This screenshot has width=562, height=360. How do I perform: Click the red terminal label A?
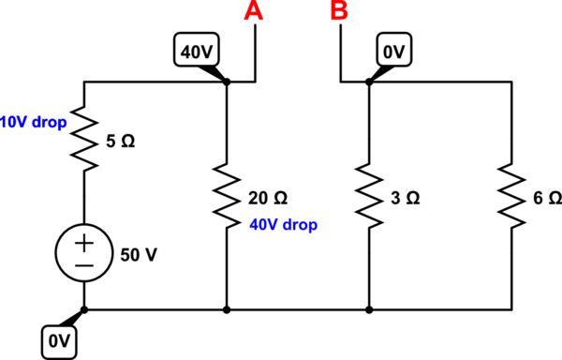coord(252,12)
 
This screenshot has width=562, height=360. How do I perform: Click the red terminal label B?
coord(339,12)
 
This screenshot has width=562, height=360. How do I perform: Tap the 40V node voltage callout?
coord(198,52)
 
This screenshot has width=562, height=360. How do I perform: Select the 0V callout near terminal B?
coord(393,52)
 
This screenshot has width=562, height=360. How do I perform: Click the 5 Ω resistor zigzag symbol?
coord(85,140)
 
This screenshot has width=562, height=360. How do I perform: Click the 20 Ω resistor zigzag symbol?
coord(227,198)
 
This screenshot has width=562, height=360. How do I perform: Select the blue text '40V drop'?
coord(284,225)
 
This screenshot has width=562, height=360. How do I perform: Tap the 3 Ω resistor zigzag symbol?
coord(369,198)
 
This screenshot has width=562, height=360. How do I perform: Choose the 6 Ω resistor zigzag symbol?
coord(511,198)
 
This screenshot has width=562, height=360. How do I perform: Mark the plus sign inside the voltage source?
coord(85,244)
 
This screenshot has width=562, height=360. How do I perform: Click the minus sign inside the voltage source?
coord(85,266)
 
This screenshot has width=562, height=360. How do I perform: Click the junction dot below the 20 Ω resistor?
coord(227,308)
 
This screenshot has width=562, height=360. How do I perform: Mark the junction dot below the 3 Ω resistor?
coord(369,308)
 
